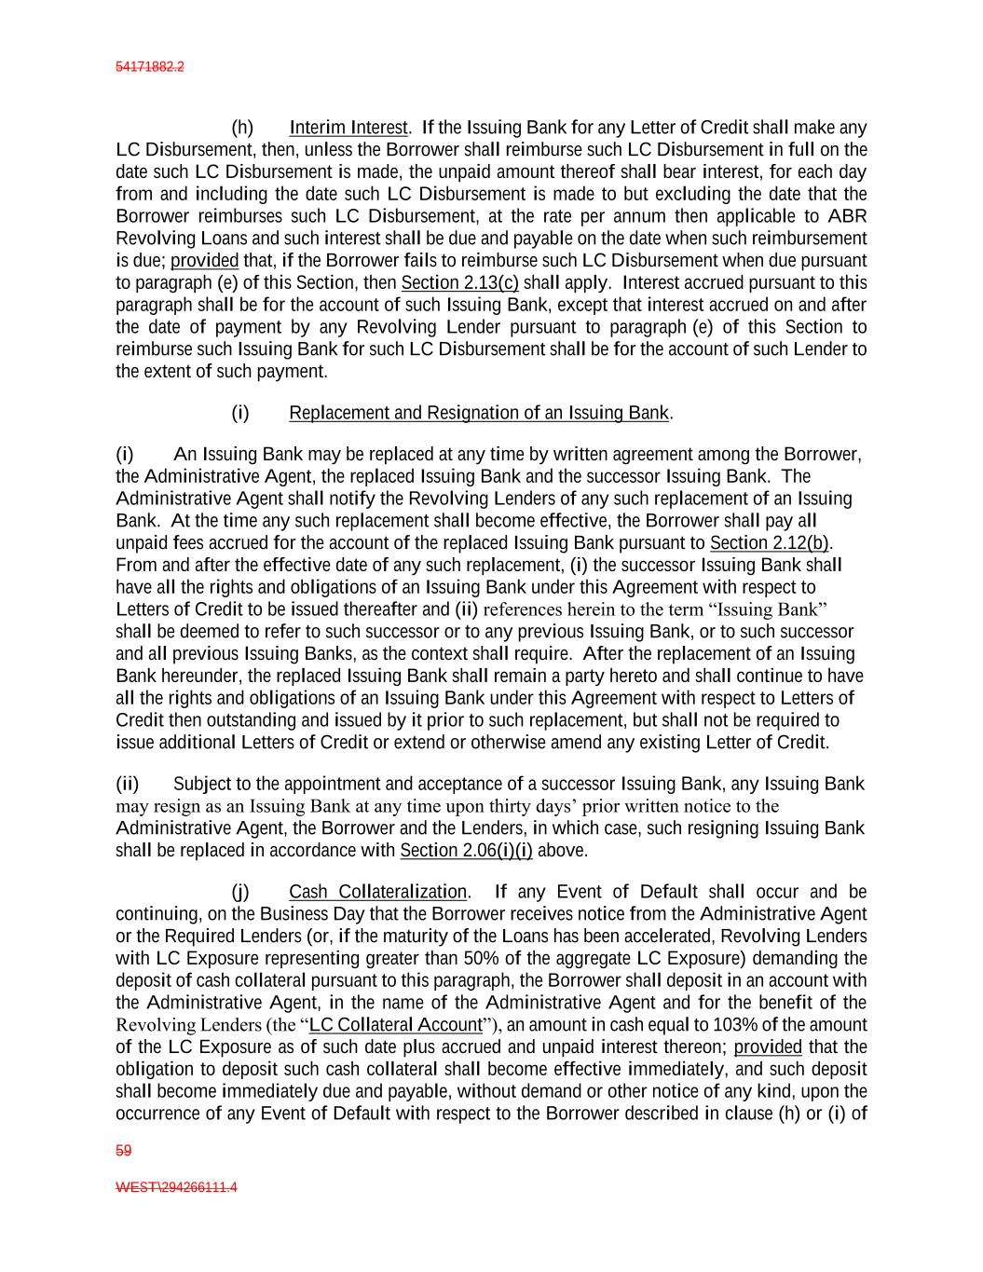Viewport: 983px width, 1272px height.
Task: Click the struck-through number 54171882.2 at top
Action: coord(150,67)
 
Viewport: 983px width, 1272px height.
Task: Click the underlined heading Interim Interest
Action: coord(348,128)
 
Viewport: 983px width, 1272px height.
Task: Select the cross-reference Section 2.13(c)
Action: coord(459,282)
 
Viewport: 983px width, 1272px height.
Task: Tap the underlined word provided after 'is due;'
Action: coord(204,261)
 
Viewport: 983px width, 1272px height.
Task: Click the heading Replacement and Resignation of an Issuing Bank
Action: coord(479,413)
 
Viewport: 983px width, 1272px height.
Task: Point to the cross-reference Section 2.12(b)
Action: coord(770,543)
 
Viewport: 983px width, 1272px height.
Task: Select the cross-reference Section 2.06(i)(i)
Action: coord(466,851)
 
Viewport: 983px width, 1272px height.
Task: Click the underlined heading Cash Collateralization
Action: coord(377,893)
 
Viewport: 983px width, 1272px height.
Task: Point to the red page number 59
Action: coord(123,1151)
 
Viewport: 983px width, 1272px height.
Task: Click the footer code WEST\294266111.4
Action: coord(176,1188)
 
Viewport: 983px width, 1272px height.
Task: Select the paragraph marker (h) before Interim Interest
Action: coord(242,128)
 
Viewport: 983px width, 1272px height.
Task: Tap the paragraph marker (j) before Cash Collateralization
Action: coord(240,893)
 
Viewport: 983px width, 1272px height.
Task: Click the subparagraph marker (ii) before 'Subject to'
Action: coord(128,784)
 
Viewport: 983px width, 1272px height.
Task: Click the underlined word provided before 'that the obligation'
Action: coord(768,1047)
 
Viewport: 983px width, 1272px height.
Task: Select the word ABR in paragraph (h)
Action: coord(848,216)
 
